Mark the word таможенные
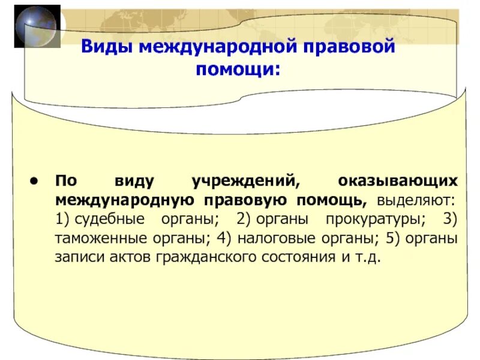pyautogui.click(x=100, y=238)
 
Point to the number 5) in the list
pyautogui.click(x=392, y=238)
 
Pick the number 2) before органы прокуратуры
pyautogui.click(x=244, y=219)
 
